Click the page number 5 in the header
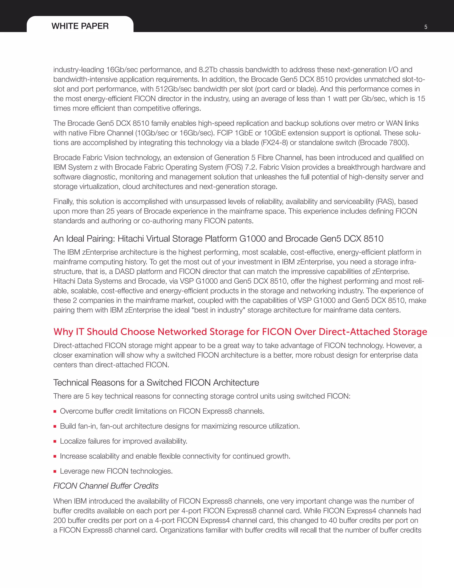[x=426, y=27]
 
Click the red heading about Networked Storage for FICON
[x=240, y=332]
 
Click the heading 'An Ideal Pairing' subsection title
[x=218, y=239]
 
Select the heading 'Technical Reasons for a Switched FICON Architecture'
[x=156, y=383]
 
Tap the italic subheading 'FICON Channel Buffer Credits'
[x=106, y=486]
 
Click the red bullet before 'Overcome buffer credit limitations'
[x=55, y=411]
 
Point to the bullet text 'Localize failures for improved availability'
[x=123, y=441]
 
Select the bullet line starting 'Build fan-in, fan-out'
[x=180, y=426]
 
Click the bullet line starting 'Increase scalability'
[x=175, y=456]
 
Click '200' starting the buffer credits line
[x=59, y=520]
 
